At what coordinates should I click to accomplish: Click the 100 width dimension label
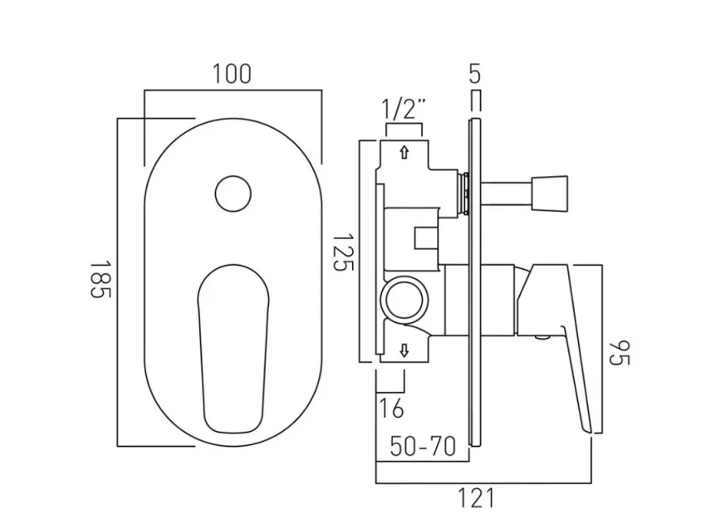231,74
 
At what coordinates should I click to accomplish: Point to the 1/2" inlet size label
404,109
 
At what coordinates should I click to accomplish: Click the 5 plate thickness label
474,75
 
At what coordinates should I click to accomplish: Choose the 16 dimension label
391,409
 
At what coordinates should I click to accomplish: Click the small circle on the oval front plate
233,193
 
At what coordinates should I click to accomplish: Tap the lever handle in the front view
233,340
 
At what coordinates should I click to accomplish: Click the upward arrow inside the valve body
404,153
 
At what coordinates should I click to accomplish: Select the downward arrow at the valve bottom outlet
404,349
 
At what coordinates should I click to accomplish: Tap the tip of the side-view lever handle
590,427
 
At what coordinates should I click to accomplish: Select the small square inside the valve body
426,238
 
